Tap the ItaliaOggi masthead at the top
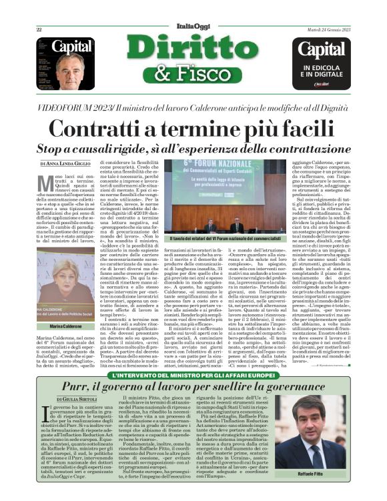(193, 27)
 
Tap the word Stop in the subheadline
(53, 148)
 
